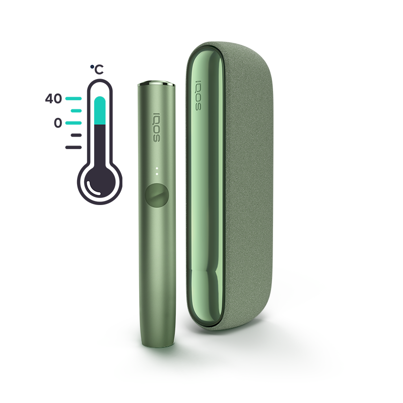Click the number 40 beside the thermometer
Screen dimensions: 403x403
coord(53,99)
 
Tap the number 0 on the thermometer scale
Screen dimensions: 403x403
coord(58,122)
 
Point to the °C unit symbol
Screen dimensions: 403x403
coord(97,70)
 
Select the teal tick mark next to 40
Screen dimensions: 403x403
coord(74,99)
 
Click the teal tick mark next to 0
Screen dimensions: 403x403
coord(74,122)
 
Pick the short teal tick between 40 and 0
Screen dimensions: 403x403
coord(76,110)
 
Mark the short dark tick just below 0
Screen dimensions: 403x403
coord(76,135)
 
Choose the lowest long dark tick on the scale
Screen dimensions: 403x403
coord(74,147)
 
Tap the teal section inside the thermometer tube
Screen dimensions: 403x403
coord(100,111)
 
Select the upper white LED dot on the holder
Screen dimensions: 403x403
coord(157,168)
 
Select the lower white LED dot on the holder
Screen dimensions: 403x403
coord(157,174)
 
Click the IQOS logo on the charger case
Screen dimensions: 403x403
coord(198,95)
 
